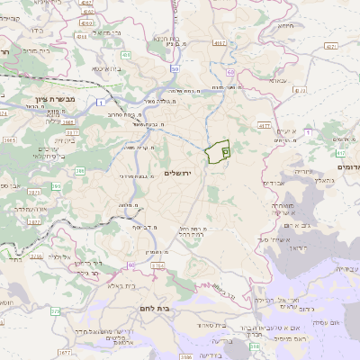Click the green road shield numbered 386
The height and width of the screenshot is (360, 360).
(x=80, y=170)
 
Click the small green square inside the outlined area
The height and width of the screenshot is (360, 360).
(x=224, y=155)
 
